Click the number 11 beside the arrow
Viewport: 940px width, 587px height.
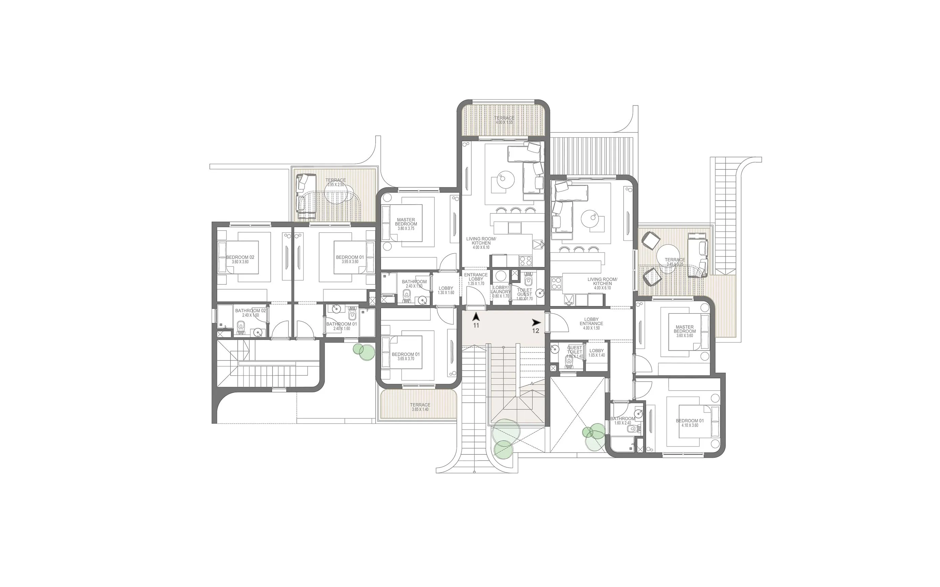click(x=476, y=326)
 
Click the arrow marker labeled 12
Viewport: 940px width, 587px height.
click(x=536, y=323)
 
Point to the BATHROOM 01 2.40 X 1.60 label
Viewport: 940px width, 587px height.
click(x=341, y=326)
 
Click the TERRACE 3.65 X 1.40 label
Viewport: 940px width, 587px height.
click(x=420, y=407)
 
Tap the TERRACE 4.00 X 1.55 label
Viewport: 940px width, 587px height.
click(x=504, y=120)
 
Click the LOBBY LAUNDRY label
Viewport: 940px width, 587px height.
click(x=500, y=291)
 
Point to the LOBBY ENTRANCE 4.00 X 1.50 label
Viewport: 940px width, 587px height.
click(x=591, y=323)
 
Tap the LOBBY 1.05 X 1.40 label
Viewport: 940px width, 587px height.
click(x=597, y=353)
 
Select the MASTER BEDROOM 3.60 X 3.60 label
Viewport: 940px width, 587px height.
click(x=685, y=331)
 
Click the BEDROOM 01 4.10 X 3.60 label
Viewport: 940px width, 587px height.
click(x=690, y=423)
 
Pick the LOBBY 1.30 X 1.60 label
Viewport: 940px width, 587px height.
click(x=446, y=290)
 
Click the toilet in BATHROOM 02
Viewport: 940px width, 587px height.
click(x=241, y=327)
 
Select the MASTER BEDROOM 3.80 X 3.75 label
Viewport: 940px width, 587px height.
click(x=406, y=224)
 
